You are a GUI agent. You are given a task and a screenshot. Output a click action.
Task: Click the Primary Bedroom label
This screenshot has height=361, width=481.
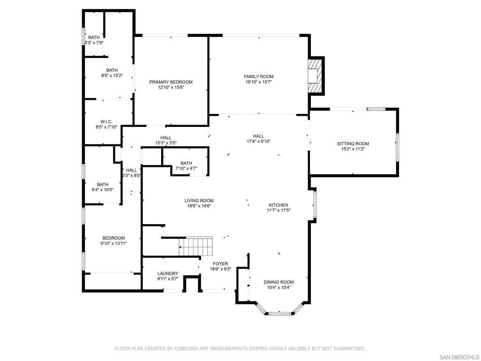click(171, 82)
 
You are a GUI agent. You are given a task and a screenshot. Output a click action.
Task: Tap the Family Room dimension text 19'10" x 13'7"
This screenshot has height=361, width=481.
click(259, 82)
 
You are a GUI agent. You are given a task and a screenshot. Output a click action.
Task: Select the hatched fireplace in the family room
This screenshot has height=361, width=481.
click(315, 76)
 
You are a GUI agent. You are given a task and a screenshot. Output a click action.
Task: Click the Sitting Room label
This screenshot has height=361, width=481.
click(353, 144)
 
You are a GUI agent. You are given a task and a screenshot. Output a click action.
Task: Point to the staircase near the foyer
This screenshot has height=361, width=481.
click(196, 246)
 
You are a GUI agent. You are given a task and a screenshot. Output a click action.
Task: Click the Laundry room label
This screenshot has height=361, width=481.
click(168, 274)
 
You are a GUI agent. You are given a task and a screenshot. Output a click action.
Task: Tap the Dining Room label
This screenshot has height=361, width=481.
click(279, 282)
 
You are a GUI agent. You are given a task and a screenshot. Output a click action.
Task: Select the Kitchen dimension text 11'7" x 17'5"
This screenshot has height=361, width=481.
click(279, 210)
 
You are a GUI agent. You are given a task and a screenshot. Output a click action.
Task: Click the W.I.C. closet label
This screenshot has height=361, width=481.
click(107, 122)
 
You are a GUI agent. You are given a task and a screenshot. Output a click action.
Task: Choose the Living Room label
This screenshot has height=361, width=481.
click(199, 201)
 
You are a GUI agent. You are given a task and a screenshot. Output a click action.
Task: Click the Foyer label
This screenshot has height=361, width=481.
click(221, 264)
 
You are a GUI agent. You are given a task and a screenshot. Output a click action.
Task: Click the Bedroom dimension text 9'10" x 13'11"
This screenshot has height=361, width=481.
click(114, 243)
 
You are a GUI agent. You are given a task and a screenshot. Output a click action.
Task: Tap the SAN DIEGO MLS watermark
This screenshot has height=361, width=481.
click(460, 357)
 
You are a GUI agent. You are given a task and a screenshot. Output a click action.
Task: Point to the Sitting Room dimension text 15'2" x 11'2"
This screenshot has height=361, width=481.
click(353, 149)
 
